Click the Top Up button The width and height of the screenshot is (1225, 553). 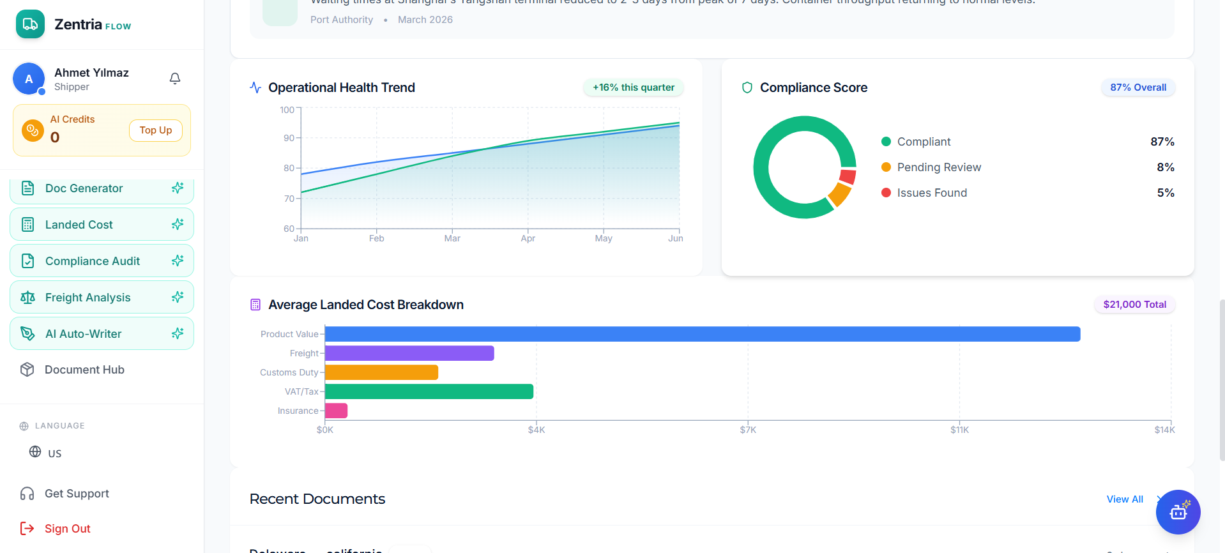point(156,130)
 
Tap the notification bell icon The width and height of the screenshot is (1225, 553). point(175,79)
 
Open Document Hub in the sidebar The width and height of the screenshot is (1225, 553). point(84,370)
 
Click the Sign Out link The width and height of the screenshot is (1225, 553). point(67,529)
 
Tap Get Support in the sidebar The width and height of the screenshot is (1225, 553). point(77,494)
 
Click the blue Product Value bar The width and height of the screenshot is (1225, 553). point(703,334)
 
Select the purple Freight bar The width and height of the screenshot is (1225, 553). point(409,353)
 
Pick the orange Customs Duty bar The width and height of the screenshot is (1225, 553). point(381,372)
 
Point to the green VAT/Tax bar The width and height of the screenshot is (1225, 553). point(429,391)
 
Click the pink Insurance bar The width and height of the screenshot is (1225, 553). point(336,411)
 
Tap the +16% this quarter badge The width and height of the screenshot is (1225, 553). point(633,87)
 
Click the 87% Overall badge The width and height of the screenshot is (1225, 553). point(1137,87)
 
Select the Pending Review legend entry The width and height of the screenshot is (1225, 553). point(939,167)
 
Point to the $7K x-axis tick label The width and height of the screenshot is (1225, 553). point(748,430)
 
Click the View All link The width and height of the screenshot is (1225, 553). point(1125,499)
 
